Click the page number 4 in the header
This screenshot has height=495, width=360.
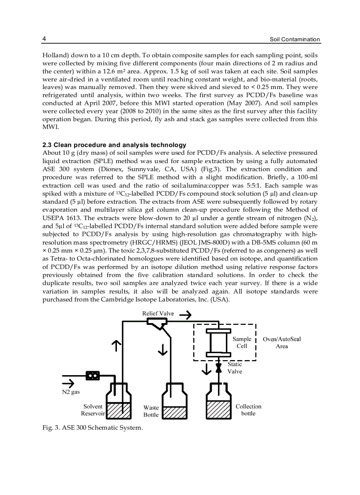point(44,39)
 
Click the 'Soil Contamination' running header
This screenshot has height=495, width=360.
point(295,39)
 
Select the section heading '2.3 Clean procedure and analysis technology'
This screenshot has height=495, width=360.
point(114,145)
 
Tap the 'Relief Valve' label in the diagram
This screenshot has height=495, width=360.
point(158,314)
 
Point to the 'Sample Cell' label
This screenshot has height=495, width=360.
point(242,342)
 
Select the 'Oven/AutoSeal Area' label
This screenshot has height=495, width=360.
point(281,342)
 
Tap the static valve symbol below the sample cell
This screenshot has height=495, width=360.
point(218,367)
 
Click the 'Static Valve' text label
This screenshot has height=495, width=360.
point(235,368)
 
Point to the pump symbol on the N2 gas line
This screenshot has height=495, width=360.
point(93,376)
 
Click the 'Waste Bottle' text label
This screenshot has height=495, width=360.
point(151,411)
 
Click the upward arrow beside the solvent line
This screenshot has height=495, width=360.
point(116,346)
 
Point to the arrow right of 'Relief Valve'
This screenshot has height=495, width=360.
point(185,314)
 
